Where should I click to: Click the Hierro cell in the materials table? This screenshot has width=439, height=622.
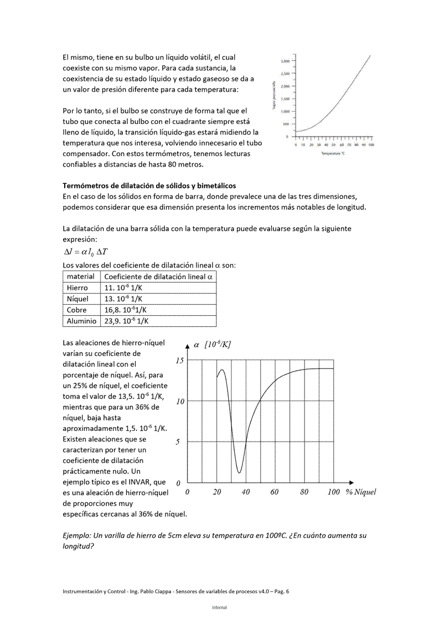pyautogui.click(x=78, y=288)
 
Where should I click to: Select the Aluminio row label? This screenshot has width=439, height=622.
pyautogui.click(x=81, y=321)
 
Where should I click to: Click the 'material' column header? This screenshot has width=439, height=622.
pyautogui.click(x=80, y=276)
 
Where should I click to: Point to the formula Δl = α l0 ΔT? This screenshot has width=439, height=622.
pyautogui.click(x=86, y=252)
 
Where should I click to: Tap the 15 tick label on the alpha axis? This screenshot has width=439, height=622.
pyautogui.click(x=179, y=361)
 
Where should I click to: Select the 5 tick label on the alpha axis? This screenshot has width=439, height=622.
pyautogui.click(x=178, y=442)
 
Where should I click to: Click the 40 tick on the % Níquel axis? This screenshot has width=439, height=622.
pyautogui.click(x=245, y=492)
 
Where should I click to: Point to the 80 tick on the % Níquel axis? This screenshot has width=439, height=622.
pyautogui.click(x=304, y=492)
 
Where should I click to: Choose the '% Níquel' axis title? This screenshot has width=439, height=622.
pyautogui.click(x=361, y=492)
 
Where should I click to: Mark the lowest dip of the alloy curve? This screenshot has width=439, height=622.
pyautogui.click(x=239, y=473)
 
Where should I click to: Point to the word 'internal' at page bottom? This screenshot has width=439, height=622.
pyautogui.click(x=220, y=608)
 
